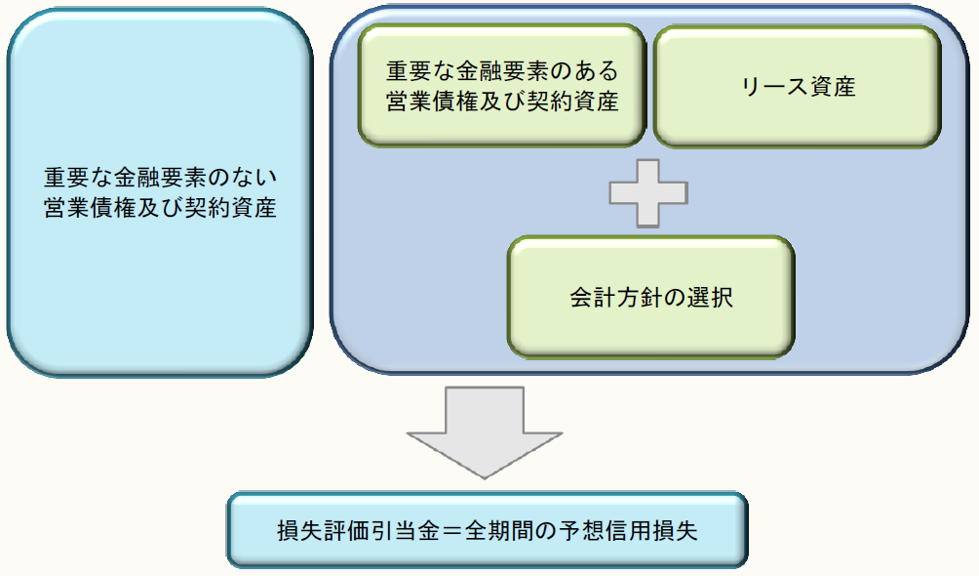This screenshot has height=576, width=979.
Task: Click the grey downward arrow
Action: pyautogui.click(x=485, y=430)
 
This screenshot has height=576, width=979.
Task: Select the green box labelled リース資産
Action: pyautogui.click(x=797, y=86)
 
